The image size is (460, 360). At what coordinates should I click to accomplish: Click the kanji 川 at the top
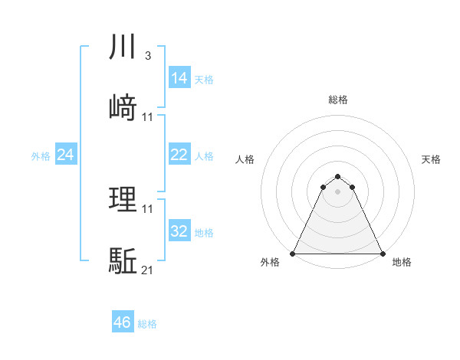123,47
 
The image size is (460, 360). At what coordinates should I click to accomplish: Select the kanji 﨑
123,107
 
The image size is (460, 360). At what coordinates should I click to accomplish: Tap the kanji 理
123,201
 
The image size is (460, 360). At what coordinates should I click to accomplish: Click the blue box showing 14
179,78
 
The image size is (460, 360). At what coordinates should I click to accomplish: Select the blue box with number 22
179,155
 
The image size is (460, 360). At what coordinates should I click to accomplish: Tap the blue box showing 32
179,231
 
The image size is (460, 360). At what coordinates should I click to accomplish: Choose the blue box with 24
65,155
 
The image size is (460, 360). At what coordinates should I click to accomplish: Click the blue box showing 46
122,323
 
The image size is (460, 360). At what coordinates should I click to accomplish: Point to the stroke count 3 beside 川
147,56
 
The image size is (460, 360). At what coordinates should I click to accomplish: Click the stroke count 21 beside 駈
147,270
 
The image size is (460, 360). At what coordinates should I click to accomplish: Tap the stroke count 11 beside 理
147,209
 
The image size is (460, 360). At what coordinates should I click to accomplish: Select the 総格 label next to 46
147,324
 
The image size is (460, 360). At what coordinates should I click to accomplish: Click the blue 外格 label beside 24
41,155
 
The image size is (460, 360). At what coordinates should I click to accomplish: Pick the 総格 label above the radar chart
337,100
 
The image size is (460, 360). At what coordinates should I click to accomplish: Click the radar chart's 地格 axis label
402,262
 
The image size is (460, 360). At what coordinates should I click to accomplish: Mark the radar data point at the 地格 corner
382,253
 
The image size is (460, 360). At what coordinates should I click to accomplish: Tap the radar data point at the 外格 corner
293,253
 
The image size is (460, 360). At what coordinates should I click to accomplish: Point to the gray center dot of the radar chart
337,191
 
